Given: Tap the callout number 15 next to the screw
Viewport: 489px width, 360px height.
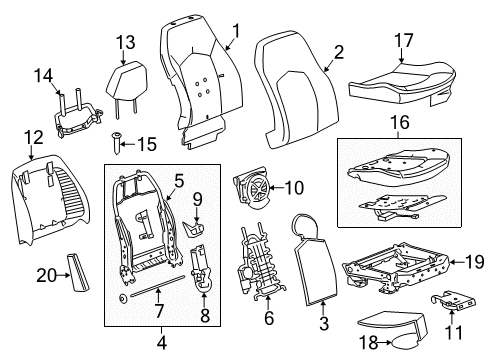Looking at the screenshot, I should click(145, 145).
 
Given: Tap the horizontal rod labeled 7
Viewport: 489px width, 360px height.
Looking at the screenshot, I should click(150, 291).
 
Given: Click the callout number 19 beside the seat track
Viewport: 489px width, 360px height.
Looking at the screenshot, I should click(473, 262).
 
